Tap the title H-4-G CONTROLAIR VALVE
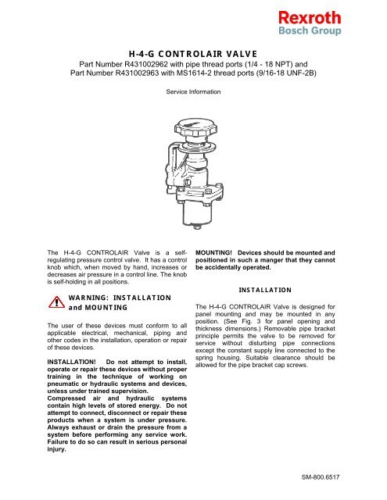(192, 52)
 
